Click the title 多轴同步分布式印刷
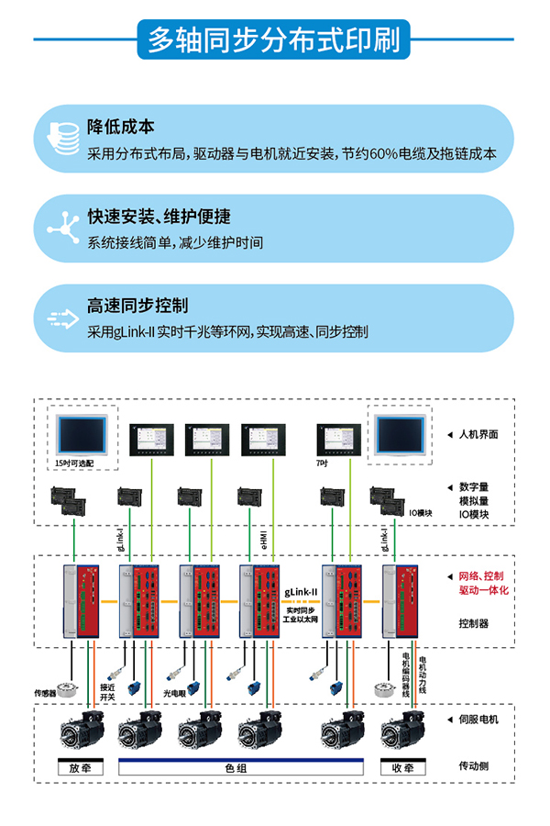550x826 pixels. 274,39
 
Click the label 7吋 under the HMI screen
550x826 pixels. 322,463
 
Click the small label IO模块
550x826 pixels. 420,513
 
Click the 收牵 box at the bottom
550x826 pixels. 402,767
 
